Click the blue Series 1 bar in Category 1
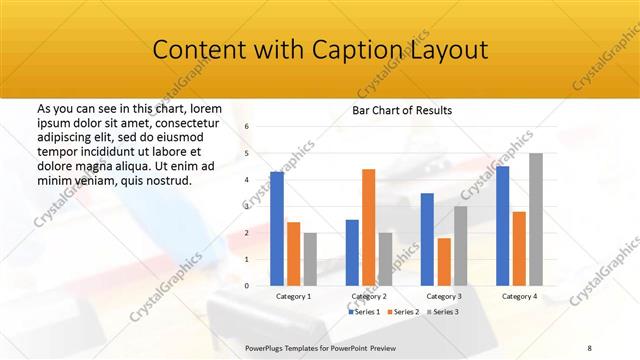[x=277, y=229]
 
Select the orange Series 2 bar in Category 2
[x=368, y=227]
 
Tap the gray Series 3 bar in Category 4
[x=536, y=219]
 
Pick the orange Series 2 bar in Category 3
[x=443, y=262]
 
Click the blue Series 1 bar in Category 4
[x=502, y=226]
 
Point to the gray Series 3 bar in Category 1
[x=310, y=259]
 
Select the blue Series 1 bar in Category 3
[x=427, y=239]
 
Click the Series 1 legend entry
[x=365, y=312]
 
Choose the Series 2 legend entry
[x=404, y=312]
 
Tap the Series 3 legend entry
[x=443, y=312]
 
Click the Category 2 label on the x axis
[x=368, y=297]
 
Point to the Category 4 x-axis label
[x=518, y=297]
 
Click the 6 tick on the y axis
[x=247, y=126]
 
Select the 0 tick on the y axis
[x=247, y=286]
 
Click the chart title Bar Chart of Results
[x=401, y=110]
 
